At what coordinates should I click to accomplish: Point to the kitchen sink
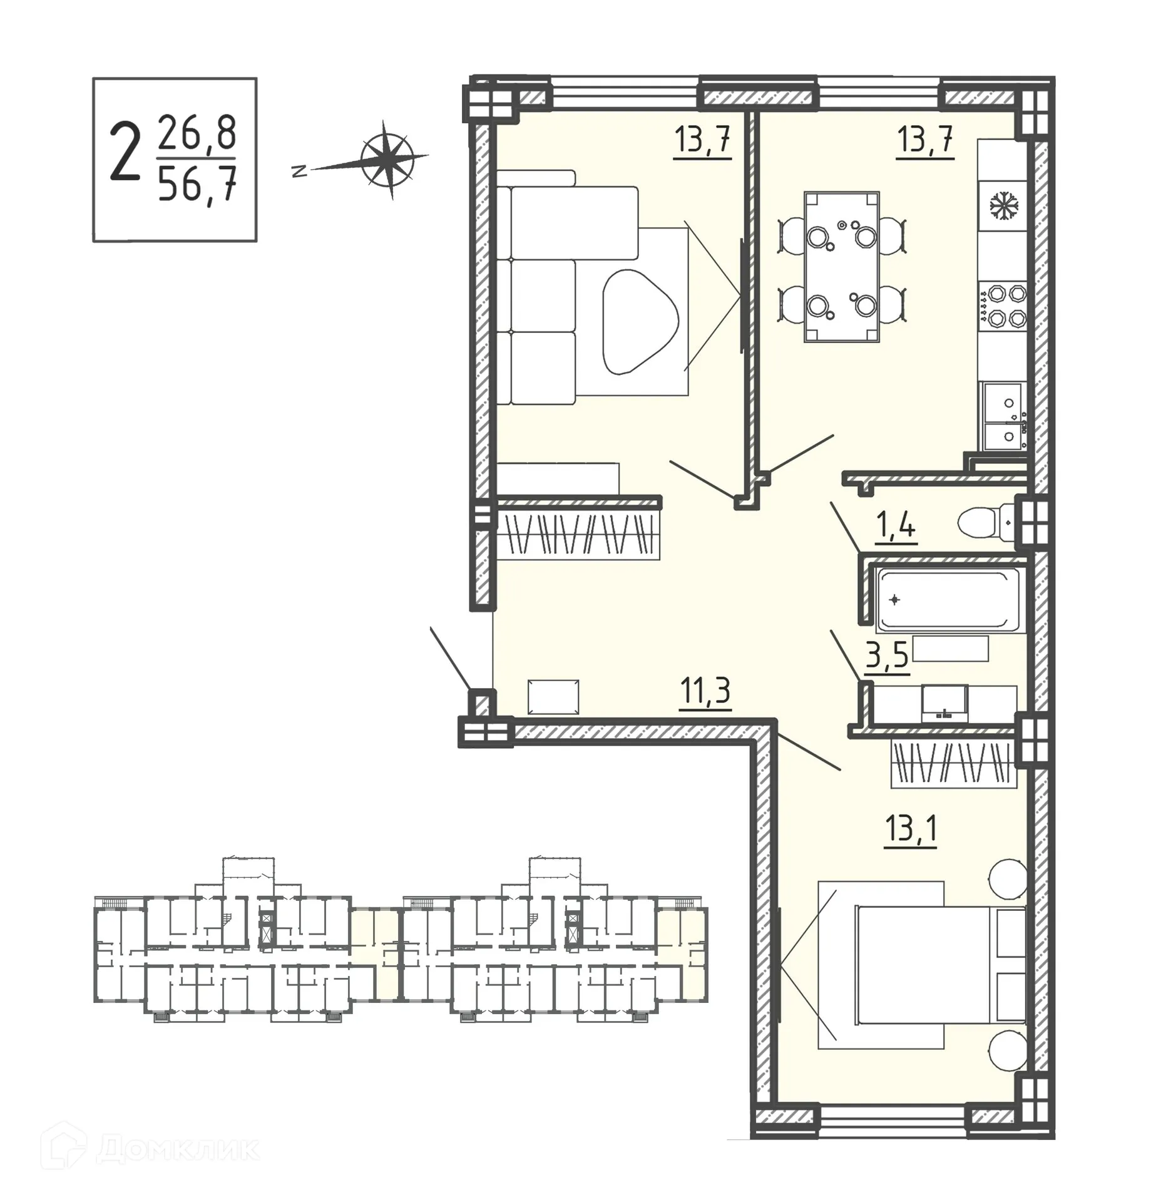coord(1003,416)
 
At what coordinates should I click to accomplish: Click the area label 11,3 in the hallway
coord(705,691)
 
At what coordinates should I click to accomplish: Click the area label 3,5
coord(887,658)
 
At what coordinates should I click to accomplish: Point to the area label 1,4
coord(896,527)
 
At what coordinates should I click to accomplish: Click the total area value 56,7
coord(197,186)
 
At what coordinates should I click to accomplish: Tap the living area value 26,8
coord(197,133)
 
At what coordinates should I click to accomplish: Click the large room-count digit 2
coord(124,159)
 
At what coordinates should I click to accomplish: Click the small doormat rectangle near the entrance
coord(553,697)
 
